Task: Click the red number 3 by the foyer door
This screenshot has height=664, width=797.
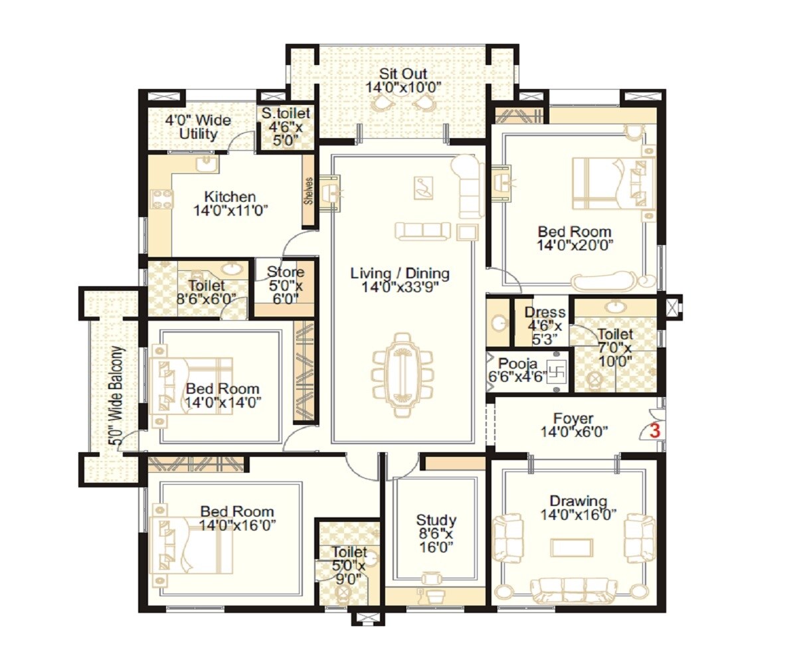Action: (654, 430)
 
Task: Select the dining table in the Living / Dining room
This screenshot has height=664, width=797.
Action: (402, 375)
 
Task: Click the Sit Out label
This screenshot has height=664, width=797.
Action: (403, 73)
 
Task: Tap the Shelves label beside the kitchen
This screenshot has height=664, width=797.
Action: (309, 191)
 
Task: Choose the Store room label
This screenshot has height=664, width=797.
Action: (286, 272)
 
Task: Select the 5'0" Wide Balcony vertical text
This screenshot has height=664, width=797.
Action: (117, 396)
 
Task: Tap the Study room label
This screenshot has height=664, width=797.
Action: (436, 520)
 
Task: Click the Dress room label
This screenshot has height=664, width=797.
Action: (545, 312)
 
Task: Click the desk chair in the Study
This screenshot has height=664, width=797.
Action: (434, 578)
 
